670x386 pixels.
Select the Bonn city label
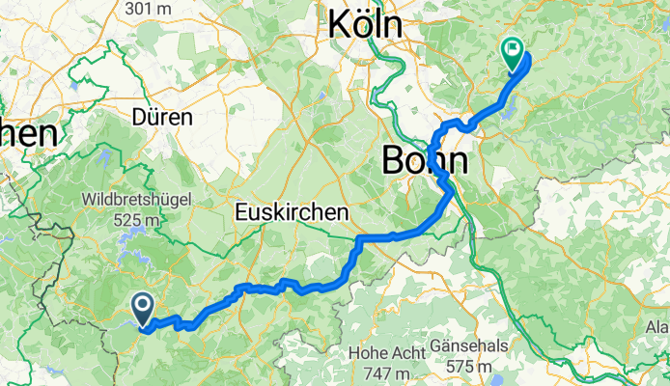(425, 160)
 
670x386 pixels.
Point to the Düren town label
(162, 118)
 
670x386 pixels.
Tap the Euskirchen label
(290, 211)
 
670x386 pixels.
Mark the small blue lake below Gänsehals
(480, 382)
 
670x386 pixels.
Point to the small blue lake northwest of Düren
(73, 85)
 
